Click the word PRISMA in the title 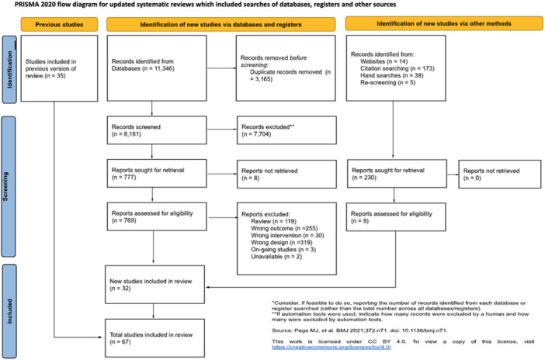(x=16, y=5)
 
